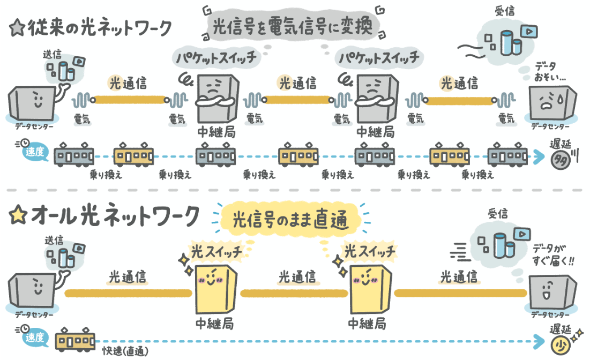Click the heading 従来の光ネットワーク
(99, 27)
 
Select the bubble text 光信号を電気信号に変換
(292, 26)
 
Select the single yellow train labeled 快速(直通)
(75, 339)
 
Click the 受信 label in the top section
(505, 11)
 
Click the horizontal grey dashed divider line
(295, 190)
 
